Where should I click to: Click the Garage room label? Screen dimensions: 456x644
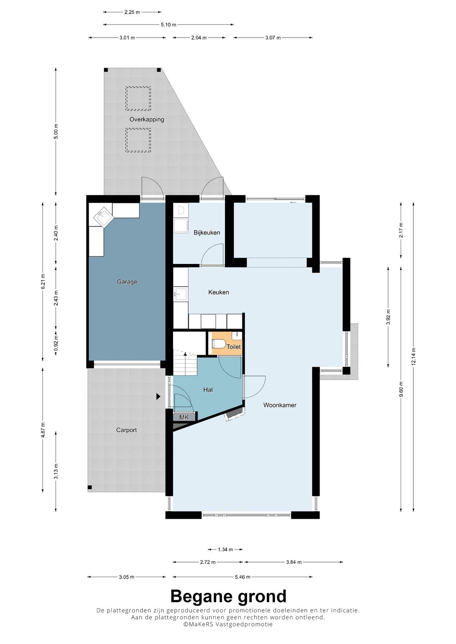coord(127,282)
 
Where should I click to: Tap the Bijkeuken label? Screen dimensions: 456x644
coord(207,232)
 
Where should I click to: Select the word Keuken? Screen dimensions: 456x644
coord(219,292)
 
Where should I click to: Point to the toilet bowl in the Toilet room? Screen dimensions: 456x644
coord(219,343)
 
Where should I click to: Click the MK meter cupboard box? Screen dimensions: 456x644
coord(184,417)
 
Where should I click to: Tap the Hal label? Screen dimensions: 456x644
coord(208,390)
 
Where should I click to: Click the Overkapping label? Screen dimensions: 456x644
coord(147,119)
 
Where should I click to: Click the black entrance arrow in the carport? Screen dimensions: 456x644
coord(158,396)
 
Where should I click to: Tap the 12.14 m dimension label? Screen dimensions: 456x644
coord(413,357)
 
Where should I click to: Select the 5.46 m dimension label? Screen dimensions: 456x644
coord(242,577)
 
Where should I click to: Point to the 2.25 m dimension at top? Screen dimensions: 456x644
coord(132,12)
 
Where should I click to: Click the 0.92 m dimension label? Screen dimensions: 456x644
coord(56,342)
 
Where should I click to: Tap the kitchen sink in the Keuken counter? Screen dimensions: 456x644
coord(181,294)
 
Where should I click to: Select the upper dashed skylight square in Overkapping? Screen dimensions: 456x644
coord(138,99)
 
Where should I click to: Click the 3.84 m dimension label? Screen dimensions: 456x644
coord(293,562)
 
